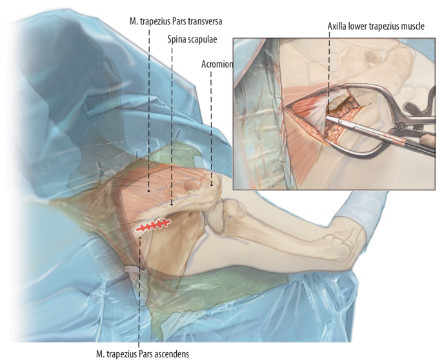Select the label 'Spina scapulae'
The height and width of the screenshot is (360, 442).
[x=192, y=39]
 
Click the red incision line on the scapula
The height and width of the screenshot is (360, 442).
[x=153, y=225]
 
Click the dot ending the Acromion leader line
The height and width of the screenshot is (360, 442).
[x=212, y=184]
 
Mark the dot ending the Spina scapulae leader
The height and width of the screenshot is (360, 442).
[x=172, y=205]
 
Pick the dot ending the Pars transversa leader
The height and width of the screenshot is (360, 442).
[x=149, y=190]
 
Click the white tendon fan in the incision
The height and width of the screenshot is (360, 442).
[x=316, y=111]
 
